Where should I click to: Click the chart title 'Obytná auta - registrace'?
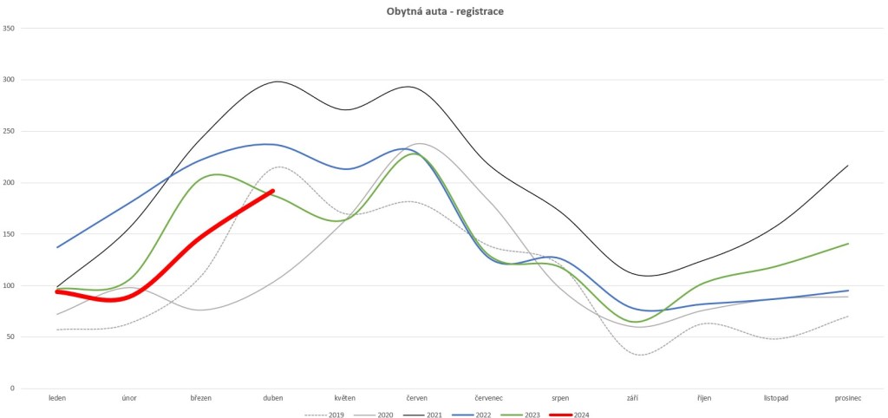[443, 13]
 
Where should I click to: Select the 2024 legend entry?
[579, 415]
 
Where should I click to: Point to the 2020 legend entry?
[383, 415]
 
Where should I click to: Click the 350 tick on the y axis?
[10, 29]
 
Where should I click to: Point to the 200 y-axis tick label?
[10, 183]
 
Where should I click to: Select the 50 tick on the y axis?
[11, 337]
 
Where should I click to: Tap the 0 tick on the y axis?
[13, 389]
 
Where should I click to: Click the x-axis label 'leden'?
[57, 398]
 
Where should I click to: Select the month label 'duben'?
[273, 398]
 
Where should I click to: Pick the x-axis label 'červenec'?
[489, 398]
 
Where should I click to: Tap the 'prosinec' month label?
[847, 398]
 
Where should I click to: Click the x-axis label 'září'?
[633, 398]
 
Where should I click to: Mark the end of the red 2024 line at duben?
[273, 191]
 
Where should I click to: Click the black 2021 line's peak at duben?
[277, 82]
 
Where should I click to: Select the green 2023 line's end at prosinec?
[847, 244]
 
